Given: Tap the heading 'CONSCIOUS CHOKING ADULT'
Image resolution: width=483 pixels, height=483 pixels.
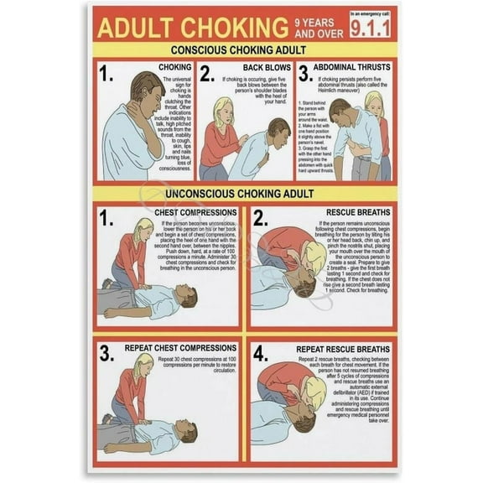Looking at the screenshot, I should coord(242,49).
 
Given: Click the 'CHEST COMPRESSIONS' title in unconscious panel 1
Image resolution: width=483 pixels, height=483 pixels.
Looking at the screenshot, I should coord(196,213).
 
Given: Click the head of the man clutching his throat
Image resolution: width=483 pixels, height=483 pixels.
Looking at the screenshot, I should coord(148,89).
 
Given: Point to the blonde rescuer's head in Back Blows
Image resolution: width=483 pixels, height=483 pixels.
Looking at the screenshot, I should coord(223,110).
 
